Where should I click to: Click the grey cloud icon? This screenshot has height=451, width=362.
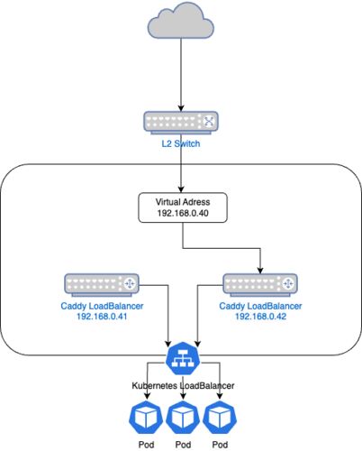181,21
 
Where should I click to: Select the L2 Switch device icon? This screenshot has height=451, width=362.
181,123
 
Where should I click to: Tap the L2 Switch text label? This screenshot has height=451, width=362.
181,143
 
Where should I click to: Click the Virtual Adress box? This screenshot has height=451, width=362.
183,207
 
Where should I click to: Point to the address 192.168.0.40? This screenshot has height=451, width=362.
183,213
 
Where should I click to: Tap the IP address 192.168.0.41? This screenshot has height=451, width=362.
102,317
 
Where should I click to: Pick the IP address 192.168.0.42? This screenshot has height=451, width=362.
260,317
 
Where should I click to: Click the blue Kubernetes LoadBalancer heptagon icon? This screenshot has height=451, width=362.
183,358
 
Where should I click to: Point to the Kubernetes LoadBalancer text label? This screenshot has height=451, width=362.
183,386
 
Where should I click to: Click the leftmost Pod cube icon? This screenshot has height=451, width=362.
146,418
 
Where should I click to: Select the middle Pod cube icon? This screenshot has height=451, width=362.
183,418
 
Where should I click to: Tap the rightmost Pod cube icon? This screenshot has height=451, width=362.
220,418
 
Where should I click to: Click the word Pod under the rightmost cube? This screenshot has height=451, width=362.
220,445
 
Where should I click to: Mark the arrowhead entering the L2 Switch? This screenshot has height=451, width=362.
181,108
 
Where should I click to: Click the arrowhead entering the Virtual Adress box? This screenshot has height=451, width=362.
181,189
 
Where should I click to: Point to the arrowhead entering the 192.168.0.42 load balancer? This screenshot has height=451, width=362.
260,271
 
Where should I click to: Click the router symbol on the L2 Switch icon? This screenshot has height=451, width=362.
209,121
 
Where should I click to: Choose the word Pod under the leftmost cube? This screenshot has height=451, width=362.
146,445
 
